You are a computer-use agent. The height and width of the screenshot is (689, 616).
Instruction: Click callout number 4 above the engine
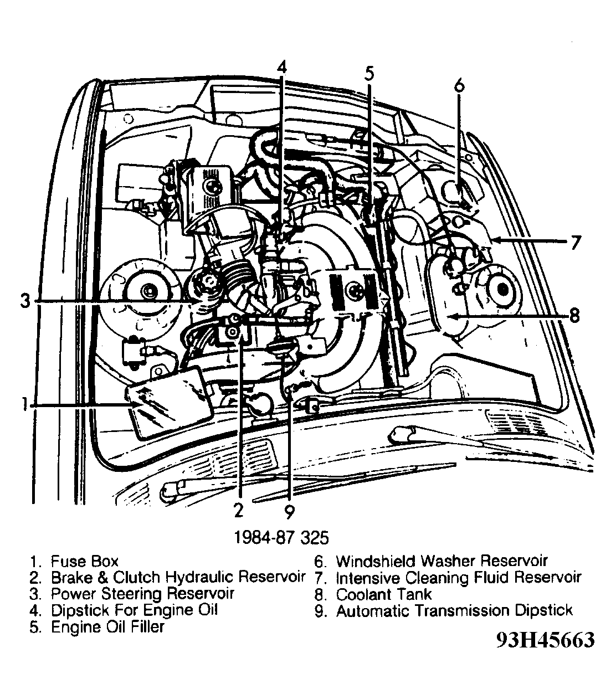pos(282,66)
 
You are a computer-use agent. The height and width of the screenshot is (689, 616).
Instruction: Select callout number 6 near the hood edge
pos(459,86)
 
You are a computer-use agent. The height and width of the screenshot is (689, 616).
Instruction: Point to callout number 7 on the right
pos(576,242)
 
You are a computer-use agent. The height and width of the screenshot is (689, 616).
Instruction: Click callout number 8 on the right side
pos(574,316)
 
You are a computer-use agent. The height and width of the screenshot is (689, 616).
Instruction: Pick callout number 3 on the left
pos(24,301)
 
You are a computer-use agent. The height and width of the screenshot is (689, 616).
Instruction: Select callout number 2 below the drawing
pos(238,509)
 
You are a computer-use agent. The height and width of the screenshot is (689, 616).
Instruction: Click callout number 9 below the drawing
pos(289,510)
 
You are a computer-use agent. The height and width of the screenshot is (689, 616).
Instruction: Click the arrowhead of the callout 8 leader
pos(450,316)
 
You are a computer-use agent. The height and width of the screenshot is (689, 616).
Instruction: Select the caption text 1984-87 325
pos(281,537)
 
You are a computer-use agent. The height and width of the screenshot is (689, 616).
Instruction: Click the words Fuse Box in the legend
pos(84,561)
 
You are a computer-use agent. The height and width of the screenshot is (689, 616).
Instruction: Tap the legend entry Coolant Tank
pos(384,594)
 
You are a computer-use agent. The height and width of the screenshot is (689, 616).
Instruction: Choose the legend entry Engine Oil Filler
pos(107,628)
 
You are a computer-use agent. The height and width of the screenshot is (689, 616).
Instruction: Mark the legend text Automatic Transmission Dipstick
pos(454,611)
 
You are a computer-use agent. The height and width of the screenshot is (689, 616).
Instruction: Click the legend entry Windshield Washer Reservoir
pos(442,561)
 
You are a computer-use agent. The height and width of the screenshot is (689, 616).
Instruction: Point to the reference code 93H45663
pos(546,640)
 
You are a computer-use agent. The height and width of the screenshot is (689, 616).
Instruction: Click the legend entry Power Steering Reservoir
pos(142,594)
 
